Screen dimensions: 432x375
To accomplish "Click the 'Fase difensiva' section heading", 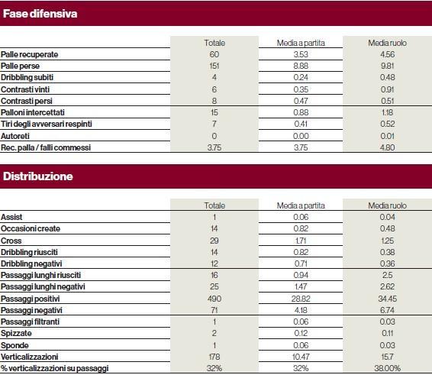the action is click(40, 14).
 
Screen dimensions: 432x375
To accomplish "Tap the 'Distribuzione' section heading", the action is click(37, 176).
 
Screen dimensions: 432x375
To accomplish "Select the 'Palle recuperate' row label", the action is click(29, 54).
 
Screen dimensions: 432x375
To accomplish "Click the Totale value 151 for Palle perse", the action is click(214, 66).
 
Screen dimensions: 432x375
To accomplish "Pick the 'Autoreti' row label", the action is click(15, 136).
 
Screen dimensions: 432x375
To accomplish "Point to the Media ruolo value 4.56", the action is click(388, 54).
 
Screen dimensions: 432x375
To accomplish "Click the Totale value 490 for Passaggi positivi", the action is click(214, 299).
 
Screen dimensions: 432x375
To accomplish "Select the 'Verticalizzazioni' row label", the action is click(29, 357).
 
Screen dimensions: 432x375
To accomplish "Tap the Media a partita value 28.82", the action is click(301, 299).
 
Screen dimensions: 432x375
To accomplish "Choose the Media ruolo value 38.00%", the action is click(388, 368).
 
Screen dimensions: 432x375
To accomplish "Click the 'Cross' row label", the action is click(11, 241).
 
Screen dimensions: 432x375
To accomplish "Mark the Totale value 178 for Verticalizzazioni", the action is click(214, 357).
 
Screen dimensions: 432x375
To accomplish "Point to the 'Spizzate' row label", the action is click(16, 333).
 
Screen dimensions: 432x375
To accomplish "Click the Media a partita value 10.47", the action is click(301, 357).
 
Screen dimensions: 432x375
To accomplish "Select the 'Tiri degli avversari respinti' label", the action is click(47, 124).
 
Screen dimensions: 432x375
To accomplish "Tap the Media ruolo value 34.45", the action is click(388, 299).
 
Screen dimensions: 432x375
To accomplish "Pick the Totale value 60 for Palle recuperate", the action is click(214, 54).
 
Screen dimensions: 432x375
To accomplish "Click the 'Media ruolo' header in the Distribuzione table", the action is click(388, 205).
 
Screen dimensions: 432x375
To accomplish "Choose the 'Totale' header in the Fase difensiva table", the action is click(214, 43).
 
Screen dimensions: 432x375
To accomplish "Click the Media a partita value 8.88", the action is click(301, 66).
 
